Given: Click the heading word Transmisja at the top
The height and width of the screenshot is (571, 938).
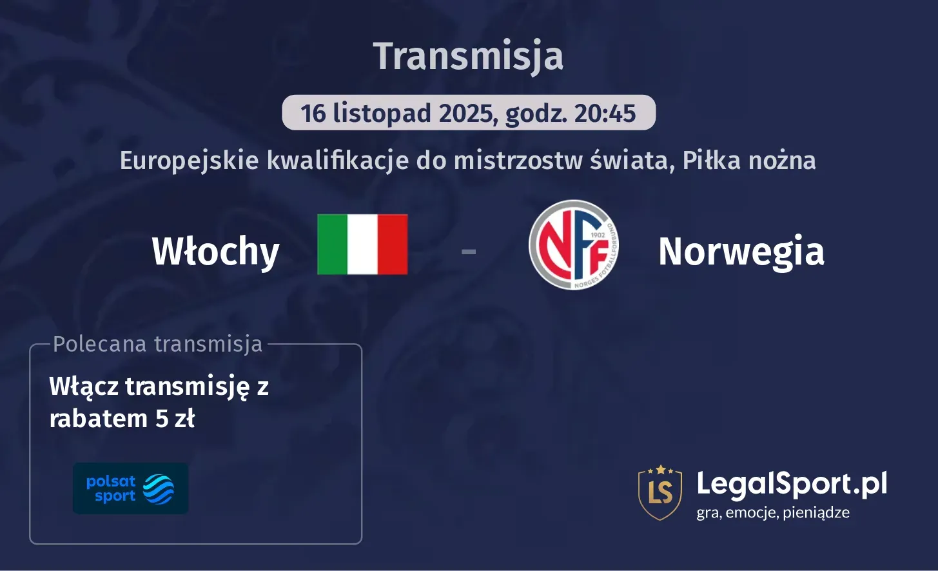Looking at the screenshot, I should click(468, 56).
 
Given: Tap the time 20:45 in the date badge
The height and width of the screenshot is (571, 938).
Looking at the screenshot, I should click(605, 114).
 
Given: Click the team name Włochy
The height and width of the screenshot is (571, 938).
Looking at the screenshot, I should click(215, 252).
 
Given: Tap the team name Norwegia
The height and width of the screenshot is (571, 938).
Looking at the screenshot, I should click(741, 251).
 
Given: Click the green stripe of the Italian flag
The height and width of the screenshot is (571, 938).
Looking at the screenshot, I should click(332, 245).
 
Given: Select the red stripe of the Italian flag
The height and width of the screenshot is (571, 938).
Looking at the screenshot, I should click(393, 245).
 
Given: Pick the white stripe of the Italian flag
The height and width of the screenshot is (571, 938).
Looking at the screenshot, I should click(362, 245).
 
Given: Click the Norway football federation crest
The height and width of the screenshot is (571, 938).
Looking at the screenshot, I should click(573, 245).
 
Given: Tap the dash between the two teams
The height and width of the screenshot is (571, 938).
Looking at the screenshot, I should click(469, 251).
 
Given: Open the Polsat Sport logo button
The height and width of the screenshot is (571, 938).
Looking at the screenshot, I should click(130, 488).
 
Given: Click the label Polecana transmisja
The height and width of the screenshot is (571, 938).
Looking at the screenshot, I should click(158, 344).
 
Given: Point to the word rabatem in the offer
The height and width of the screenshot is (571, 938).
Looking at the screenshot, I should click(99, 419).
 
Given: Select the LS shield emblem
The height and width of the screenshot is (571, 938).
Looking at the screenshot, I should click(660, 492).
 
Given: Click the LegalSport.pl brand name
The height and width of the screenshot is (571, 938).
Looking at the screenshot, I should click(791, 484).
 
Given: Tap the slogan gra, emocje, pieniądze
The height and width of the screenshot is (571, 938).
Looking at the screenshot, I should click(772, 513).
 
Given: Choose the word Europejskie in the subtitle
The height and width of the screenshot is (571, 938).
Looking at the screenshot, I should click(190, 160).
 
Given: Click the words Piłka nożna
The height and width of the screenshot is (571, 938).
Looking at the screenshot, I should click(749, 160).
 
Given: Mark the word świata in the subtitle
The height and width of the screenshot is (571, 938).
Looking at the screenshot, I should click(632, 160).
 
